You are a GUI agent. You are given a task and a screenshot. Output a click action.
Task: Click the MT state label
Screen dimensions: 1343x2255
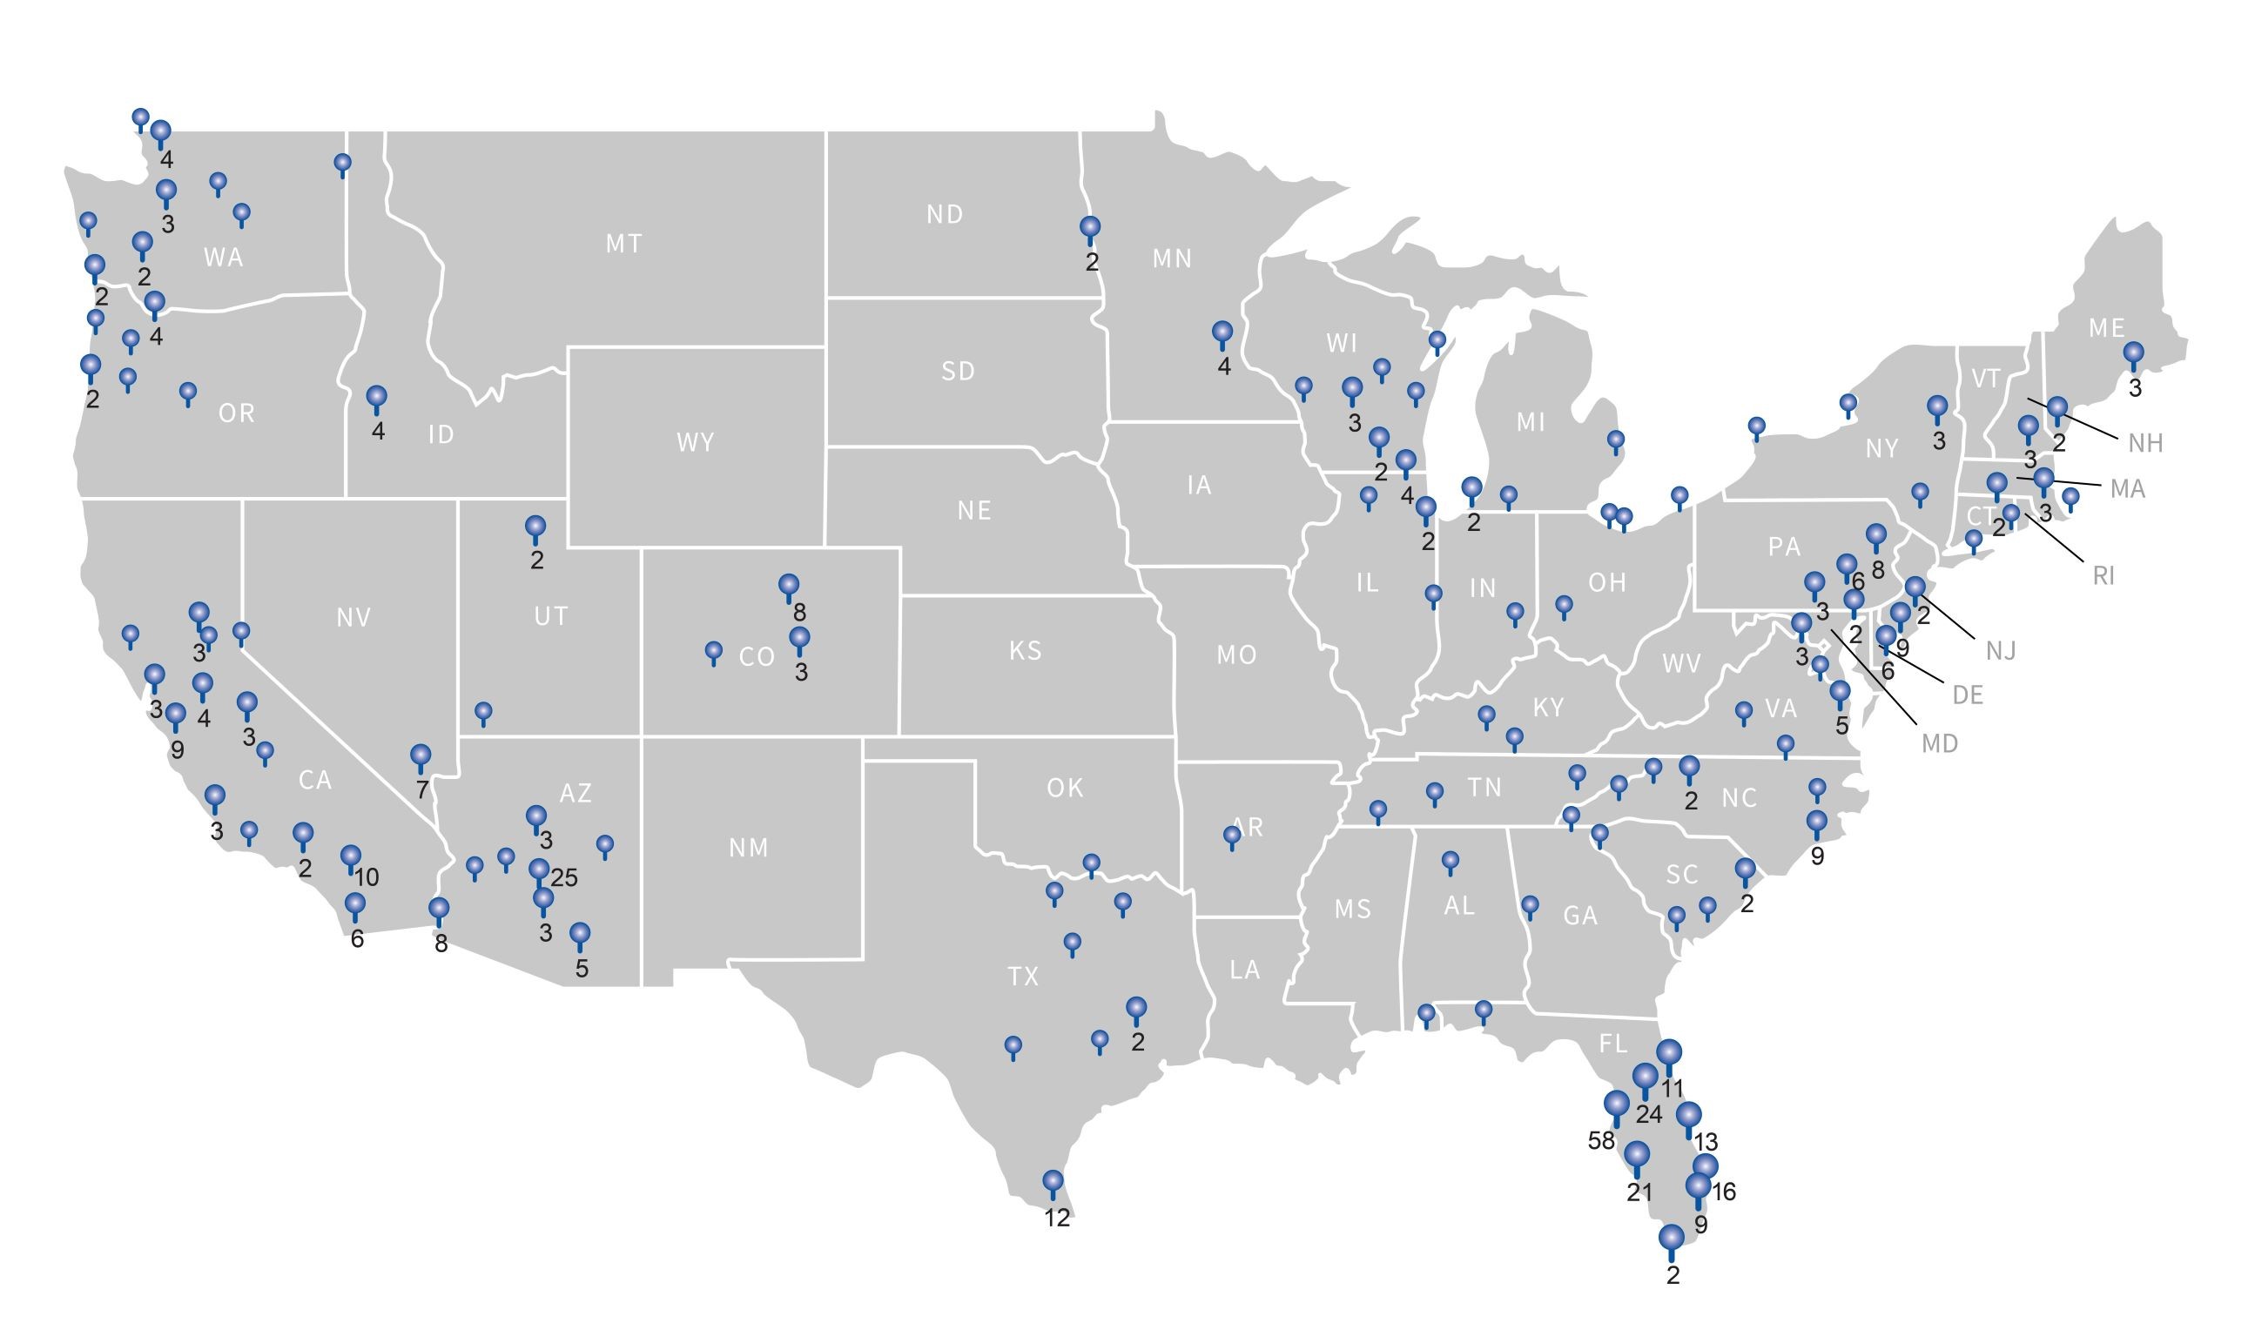click(x=623, y=244)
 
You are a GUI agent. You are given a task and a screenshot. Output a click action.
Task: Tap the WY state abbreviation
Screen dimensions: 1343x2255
click(x=696, y=442)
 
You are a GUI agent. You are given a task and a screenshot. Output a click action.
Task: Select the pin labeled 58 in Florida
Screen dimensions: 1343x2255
click(x=1616, y=1106)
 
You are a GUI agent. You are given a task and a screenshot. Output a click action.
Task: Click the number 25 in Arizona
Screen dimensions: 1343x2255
click(x=564, y=877)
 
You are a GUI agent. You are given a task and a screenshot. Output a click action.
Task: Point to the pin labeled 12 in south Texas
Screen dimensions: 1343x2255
click(x=1053, y=1183)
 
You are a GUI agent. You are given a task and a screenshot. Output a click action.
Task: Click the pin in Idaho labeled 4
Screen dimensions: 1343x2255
click(x=377, y=398)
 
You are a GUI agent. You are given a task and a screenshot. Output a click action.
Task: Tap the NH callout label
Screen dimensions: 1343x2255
click(x=2145, y=443)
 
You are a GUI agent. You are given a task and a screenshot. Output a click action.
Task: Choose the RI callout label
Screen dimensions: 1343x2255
click(x=2104, y=575)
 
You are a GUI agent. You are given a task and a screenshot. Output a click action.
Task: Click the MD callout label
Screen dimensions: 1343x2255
click(x=1939, y=744)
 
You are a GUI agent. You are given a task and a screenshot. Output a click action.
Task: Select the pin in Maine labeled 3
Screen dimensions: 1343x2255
click(x=2134, y=354)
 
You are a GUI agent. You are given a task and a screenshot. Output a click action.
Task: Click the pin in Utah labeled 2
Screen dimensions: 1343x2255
click(x=536, y=527)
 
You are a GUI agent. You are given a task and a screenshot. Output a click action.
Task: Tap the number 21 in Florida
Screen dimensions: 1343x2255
click(x=1639, y=1192)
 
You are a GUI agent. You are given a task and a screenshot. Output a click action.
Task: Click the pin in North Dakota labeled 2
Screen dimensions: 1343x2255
click(x=1090, y=228)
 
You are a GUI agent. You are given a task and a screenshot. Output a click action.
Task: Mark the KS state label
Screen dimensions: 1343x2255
click(x=1026, y=651)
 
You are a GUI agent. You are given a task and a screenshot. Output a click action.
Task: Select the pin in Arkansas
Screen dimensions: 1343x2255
click(x=1231, y=836)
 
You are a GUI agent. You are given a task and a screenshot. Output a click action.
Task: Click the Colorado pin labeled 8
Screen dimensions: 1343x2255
click(x=789, y=587)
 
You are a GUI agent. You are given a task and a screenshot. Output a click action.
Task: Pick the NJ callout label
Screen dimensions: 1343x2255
click(x=2001, y=651)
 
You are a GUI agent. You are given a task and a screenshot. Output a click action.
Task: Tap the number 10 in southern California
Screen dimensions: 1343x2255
click(x=367, y=877)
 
